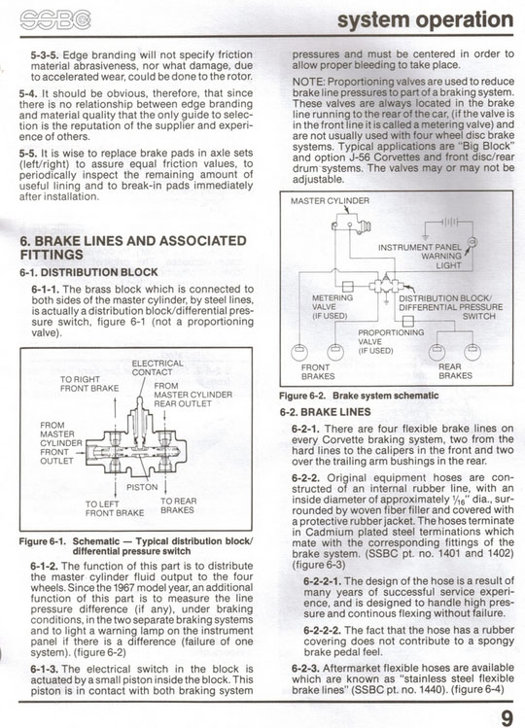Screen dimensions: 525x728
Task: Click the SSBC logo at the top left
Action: tap(55, 20)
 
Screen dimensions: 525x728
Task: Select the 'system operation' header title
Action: tap(425, 20)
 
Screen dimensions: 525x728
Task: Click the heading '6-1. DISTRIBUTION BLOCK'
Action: tap(88, 272)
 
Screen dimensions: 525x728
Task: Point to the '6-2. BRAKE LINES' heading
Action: tap(325, 412)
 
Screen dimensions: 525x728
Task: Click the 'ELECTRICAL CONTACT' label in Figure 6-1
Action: tap(157, 367)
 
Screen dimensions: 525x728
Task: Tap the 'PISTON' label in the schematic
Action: tap(142, 487)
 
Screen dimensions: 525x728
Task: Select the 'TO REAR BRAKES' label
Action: tap(179, 505)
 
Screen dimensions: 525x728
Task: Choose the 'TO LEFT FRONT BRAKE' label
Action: tap(115, 508)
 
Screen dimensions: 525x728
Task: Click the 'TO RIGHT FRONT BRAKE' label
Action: tap(89, 384)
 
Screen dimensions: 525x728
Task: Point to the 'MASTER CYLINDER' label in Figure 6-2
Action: tap(330, 201)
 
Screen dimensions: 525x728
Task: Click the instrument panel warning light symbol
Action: tap(472, 242)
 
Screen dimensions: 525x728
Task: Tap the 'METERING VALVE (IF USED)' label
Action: tap(332, 307)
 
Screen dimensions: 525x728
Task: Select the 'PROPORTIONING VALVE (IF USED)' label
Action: tap(391, 341)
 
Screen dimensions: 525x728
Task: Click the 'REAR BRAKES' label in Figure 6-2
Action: tap(455, 371)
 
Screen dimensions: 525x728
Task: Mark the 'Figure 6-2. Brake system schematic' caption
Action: tap(359, 396)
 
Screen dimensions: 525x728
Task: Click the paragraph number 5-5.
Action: tap(28, 154)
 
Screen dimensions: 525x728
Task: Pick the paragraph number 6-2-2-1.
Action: tap(323, 581)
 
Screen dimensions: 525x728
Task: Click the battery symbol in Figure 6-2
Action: tap(450, 222)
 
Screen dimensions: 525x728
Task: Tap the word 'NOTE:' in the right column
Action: tap(308, 82)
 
